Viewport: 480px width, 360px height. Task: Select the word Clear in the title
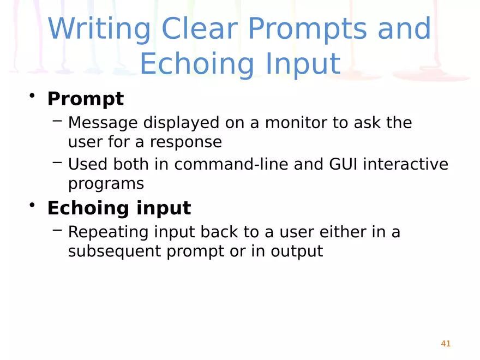coord(200,28)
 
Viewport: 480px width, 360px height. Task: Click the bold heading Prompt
coord(86,99)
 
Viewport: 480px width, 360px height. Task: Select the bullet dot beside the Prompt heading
coord(32,95)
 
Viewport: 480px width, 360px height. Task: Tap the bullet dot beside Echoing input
coord(32,205)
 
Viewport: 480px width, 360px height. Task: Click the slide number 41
coord(446,344)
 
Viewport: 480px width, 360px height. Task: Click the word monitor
coord(296,122)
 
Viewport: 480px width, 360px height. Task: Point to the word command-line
coord(231,164)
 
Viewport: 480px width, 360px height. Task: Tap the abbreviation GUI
coord(343,164)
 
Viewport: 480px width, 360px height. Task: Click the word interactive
coord(406,164)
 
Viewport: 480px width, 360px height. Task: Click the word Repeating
coord(108,232)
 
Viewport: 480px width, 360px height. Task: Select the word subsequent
coord(115,251)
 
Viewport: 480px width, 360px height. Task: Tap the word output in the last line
coord(297,251)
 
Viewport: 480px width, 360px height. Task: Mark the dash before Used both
coord(58,162)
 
